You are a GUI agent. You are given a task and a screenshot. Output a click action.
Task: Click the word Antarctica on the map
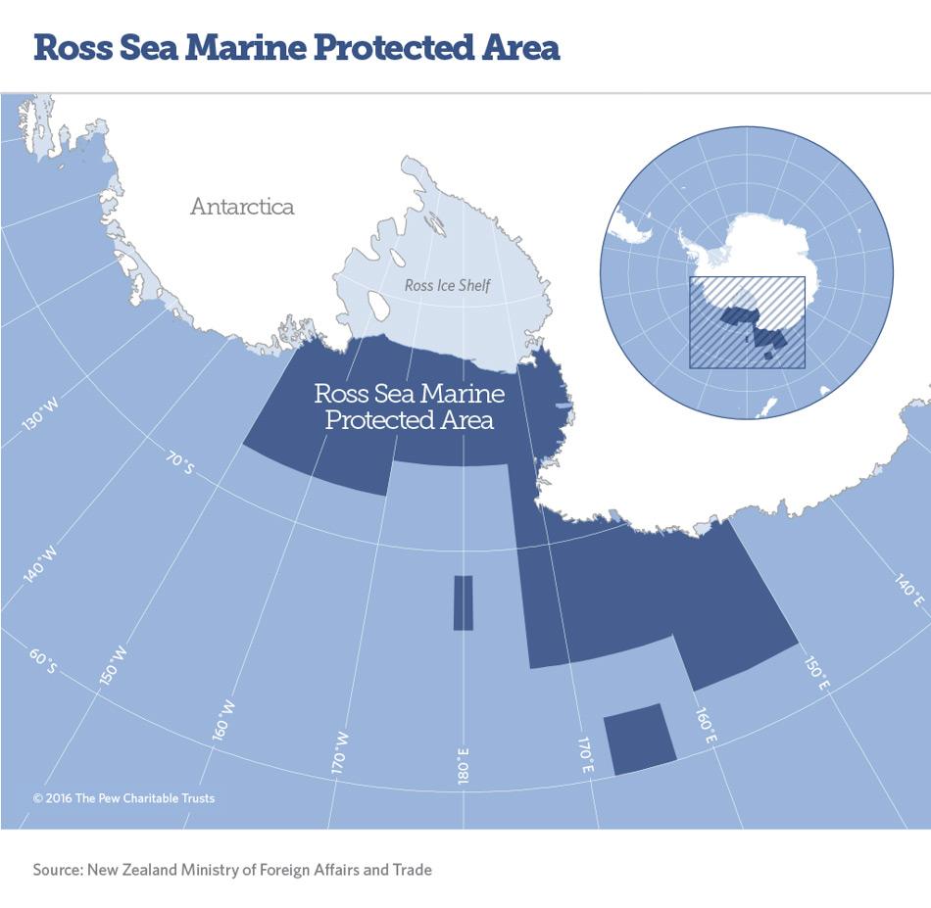(x=242, y=207)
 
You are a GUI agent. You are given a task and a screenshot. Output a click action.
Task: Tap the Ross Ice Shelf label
(x=447, y=286)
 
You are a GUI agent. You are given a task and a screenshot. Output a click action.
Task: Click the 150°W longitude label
(x=114, y=662)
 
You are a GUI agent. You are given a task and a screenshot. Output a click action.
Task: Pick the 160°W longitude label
(x=224, y=719)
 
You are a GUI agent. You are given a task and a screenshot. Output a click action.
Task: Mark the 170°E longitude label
(x=585, y=753)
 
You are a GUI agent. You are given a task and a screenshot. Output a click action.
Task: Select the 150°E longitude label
(x=816, y=674)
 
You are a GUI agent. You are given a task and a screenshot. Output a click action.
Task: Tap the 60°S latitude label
(x=43, y=662)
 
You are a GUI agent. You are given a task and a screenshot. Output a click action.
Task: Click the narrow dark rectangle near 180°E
(x=464, y=602)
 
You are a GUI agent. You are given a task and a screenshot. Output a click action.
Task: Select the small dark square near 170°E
(x=639, y=740)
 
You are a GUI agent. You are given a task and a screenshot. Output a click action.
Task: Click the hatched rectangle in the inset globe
(x=747, y=321)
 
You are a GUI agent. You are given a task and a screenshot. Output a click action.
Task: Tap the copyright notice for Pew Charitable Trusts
(x=123, y=798)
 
